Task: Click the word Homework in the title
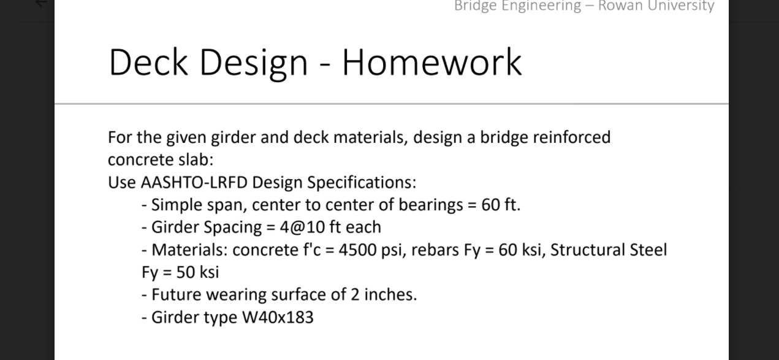431,62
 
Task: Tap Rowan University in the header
656,6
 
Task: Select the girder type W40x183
278,317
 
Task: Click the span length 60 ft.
500,204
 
